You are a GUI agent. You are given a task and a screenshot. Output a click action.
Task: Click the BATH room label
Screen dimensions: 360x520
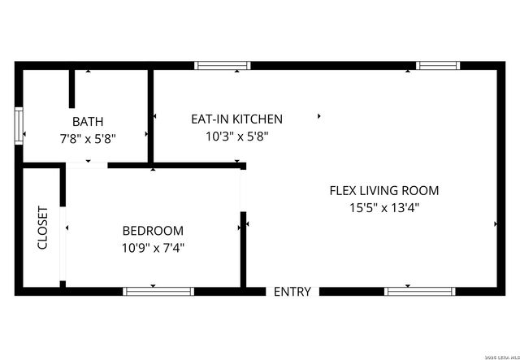coord(87,122)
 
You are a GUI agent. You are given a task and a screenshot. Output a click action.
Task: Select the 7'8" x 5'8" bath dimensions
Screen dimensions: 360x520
coord(87,138)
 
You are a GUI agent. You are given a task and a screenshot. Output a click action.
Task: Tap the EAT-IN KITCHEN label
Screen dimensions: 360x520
coord(236,119)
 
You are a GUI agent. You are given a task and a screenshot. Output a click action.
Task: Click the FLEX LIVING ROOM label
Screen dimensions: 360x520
coord(383,191)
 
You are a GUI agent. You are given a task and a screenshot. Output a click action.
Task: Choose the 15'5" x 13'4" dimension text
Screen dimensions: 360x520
coord(383,208)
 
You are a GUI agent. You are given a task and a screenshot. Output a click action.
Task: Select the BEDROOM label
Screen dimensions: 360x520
coord(153,231)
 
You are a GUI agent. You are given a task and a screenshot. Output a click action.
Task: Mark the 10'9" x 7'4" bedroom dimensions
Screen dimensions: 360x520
coord(153,248)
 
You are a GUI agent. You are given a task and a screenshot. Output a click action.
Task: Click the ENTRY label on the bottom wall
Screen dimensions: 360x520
coord(292,292)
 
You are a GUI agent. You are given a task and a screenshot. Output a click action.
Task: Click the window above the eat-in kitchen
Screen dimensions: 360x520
coord(223,66)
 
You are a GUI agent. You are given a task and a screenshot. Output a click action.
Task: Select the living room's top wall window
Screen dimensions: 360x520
coord(438,66)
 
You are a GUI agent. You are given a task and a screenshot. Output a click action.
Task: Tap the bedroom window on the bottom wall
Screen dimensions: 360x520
coord(158,290)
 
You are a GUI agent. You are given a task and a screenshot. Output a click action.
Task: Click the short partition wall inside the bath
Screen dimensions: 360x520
coord(72,89)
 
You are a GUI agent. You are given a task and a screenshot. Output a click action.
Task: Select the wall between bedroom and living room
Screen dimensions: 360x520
coord(242,248)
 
